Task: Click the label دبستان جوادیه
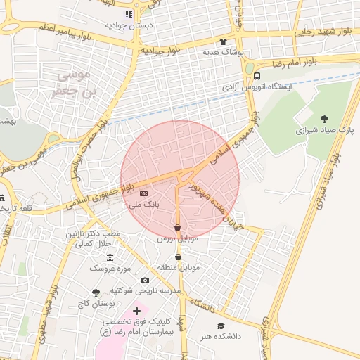[129, 25]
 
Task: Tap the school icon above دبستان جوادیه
[129, 14]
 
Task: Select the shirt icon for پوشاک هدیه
[224, 41]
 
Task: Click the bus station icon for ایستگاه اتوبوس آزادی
[257, 76]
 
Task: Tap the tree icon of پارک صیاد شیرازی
[324, 119]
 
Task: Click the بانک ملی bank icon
[144, 193]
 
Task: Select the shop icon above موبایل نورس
[177, 228]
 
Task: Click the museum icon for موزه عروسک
[110, 258]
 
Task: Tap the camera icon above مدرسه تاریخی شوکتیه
[145, 281]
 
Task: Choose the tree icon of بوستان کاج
[96, 292]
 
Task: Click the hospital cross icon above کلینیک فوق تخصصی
[136, 310]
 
